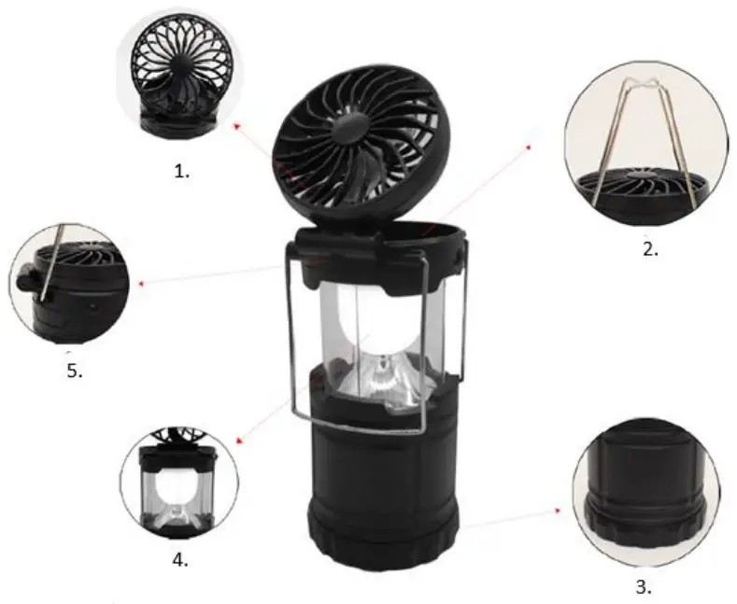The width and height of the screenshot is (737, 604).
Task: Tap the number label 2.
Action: pos(650,249)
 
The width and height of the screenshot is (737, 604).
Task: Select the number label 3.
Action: pos(643,586)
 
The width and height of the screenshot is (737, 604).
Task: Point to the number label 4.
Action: pos(180,561)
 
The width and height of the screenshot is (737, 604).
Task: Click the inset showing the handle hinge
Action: pos(69,281)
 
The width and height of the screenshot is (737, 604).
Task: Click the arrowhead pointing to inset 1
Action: pos(235,122)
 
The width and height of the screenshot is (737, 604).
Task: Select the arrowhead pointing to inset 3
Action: pos(560,511)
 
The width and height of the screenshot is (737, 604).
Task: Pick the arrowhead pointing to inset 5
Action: pos(139,281)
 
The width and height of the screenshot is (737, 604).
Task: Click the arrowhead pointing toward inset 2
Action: pos(529,146)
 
